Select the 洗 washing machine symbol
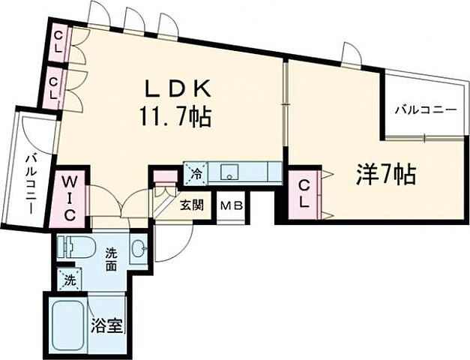point(69,281)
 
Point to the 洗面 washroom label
point(112,259)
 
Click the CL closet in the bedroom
point(304,193)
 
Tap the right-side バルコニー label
point(426,109)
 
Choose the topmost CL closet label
point(58,41)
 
